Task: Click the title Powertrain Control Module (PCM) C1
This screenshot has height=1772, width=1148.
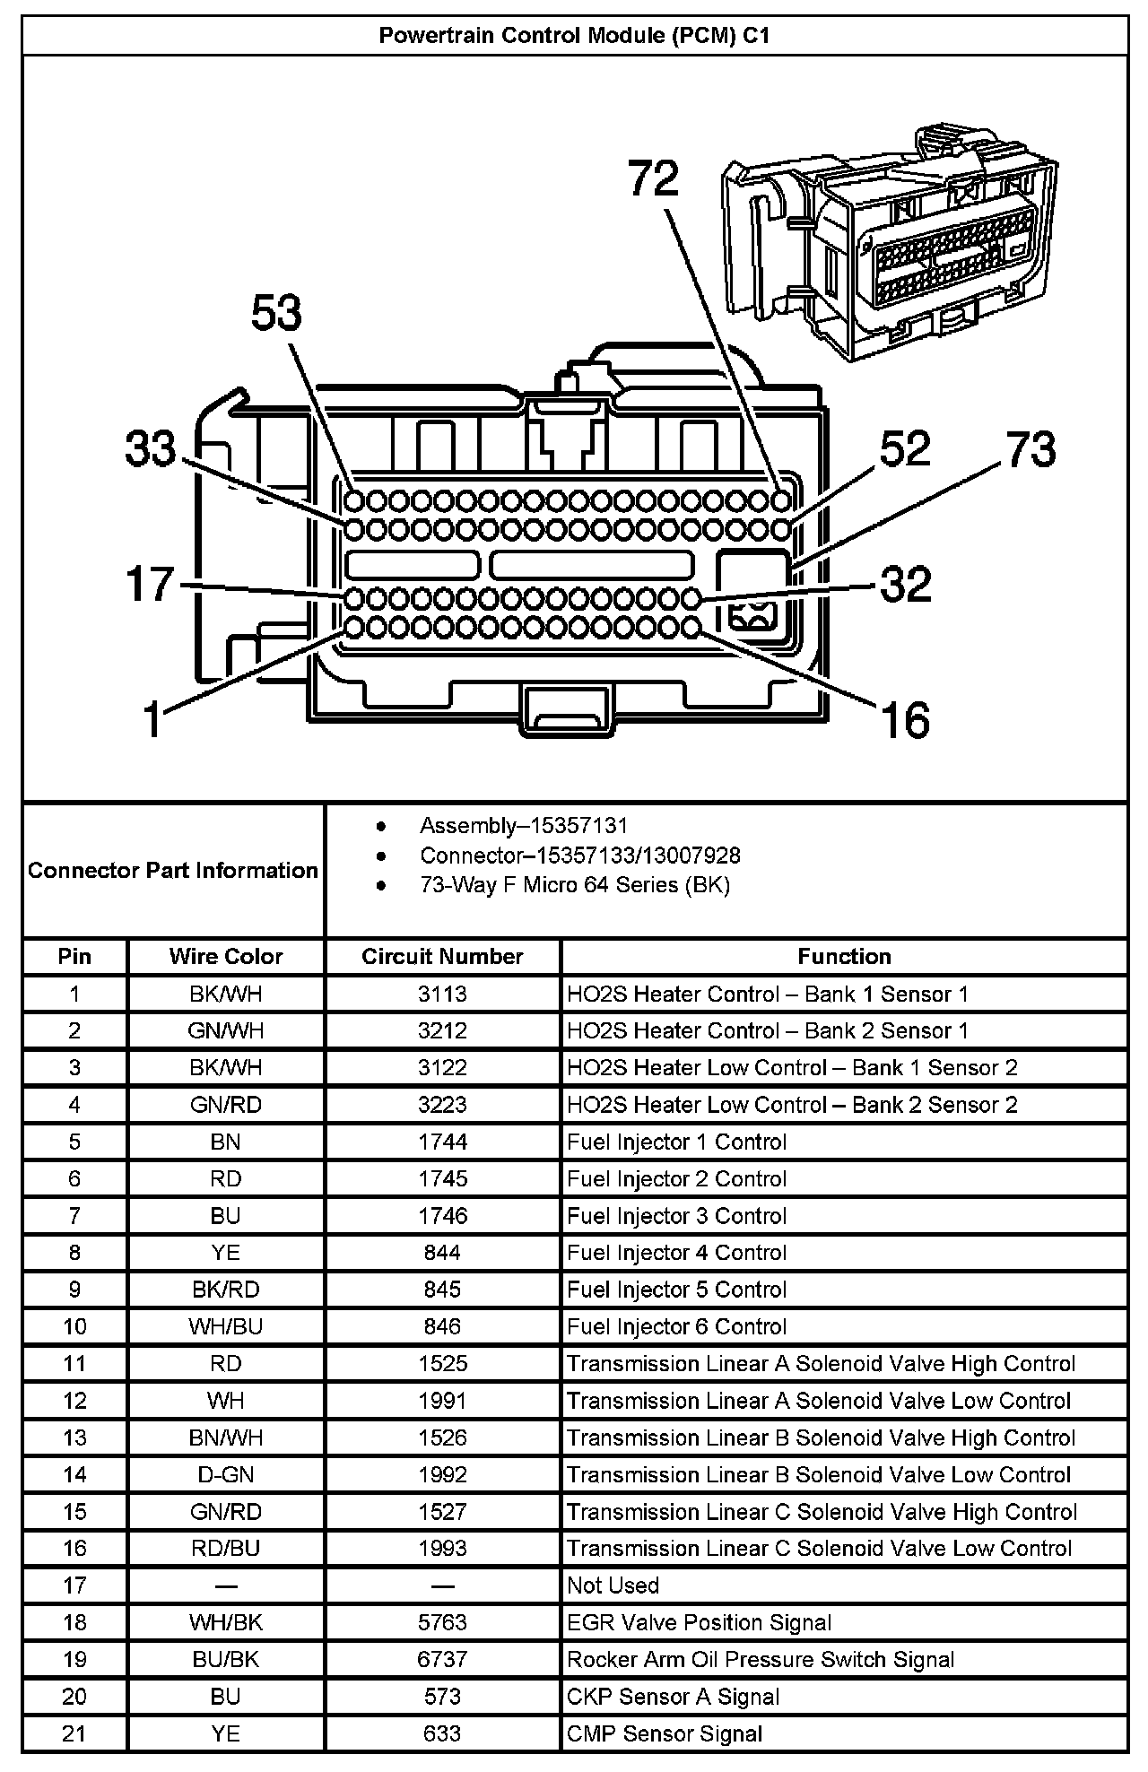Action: tap(574, 36)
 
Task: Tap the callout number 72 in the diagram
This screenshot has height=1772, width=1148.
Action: tap(653, 178)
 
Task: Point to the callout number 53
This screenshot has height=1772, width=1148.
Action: tap(276, 314)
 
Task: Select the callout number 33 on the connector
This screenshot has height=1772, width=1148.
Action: tap(151, 447)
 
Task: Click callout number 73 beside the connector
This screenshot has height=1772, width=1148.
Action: tap(1031, 449)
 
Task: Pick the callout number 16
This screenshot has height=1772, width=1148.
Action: tap(905, 720)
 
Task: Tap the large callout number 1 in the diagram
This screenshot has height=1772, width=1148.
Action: tap(153, 720)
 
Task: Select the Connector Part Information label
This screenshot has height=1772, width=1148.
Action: tap(173, 871)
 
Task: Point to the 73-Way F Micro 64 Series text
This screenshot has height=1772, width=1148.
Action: tap(575, 885)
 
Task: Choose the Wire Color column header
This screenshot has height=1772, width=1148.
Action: tap(226, 957)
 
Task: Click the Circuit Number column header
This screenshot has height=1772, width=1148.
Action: tap(442, 957)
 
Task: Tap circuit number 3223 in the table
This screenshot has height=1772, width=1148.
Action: tap(442, 1105)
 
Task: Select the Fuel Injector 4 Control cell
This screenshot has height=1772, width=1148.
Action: tap(676, 1253)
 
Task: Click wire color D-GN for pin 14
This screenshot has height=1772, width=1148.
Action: tap(226, 1475)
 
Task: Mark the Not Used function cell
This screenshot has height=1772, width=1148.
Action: tap(613, 1585)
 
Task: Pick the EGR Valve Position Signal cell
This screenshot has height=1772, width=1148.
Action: tap(699, 1622)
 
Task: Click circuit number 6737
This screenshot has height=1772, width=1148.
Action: tap(442, 1660)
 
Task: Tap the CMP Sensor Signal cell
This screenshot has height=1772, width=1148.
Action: tap(664, 1733)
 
